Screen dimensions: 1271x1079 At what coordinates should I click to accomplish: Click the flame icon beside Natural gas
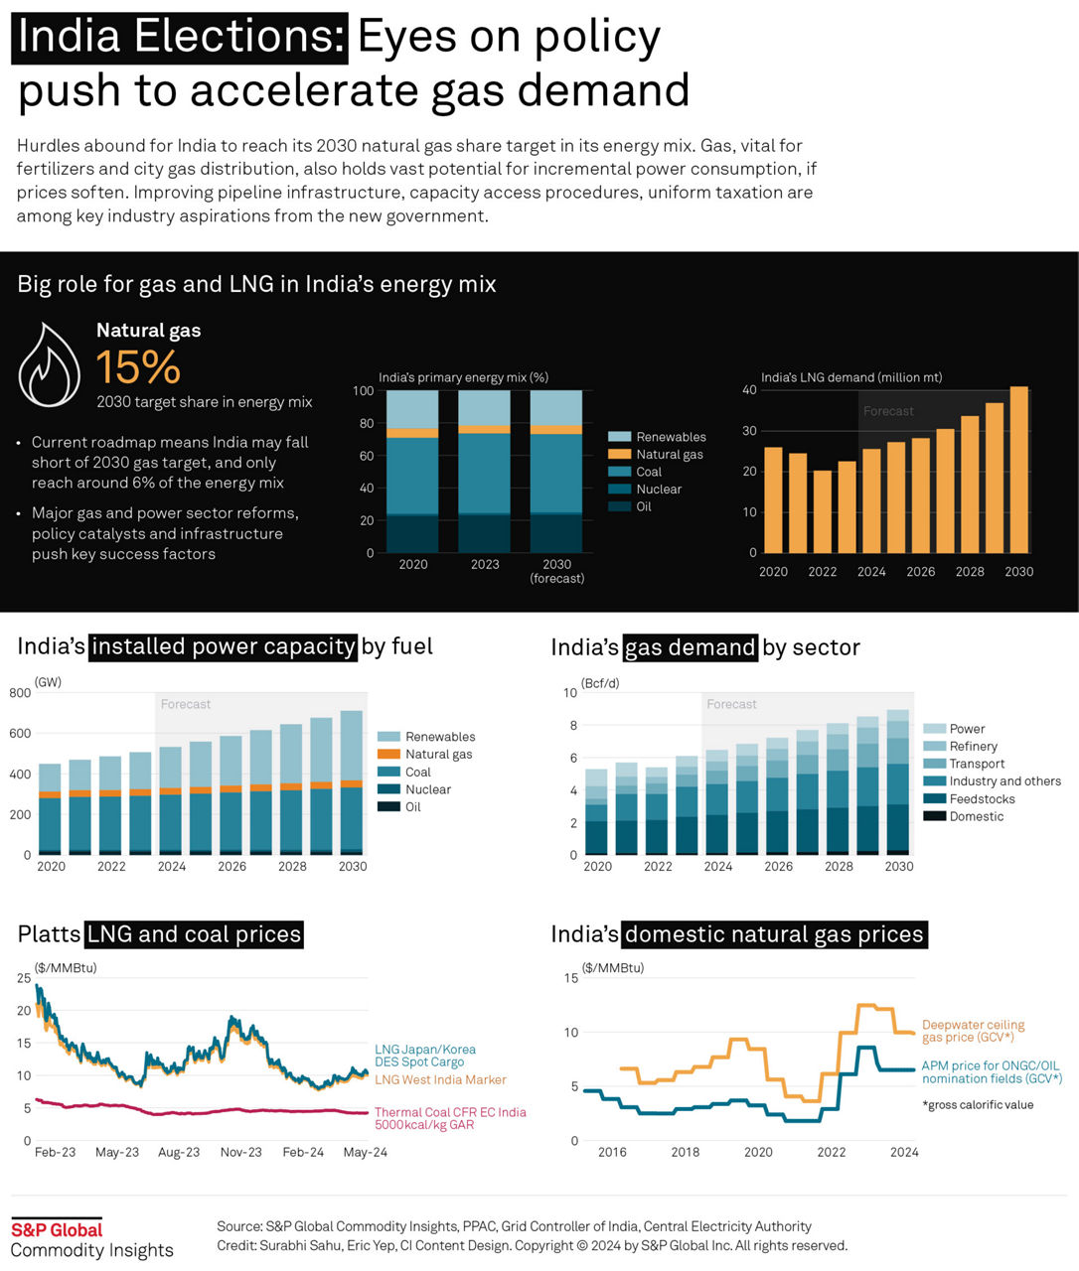coord(49,363)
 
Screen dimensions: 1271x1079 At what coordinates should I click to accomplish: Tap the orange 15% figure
coord(138,367)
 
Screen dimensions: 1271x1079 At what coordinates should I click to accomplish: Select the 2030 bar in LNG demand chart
coord(1018,469)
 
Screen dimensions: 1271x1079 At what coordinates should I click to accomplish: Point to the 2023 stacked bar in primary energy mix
coord(484,471)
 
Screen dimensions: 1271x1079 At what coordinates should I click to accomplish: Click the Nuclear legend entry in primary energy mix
coord(658,490)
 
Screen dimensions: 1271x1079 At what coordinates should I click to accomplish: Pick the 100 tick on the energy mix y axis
coord(363,391)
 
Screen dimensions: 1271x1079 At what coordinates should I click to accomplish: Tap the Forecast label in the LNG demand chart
coord(888,411)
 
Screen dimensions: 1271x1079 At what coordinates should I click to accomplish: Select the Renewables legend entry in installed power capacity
coord(439,737)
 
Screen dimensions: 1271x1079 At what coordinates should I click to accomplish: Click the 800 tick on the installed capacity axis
coord(20,693)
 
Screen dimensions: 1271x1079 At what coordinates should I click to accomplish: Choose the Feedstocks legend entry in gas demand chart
coord(982,799)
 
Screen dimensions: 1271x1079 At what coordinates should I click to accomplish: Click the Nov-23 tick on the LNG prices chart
coord(240,1153)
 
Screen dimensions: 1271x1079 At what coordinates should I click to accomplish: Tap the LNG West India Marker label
coord(440,1080)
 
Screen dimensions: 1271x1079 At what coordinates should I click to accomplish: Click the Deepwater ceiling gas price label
coord(973,1031)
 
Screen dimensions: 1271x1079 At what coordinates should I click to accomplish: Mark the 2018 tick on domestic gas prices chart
coord(685,1153)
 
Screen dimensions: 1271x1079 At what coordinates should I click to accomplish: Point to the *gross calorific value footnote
coord(978,1105)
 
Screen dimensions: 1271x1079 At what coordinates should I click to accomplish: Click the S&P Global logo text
coord(57,1230)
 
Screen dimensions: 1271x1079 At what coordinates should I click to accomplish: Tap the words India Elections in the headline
coord(180,38)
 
